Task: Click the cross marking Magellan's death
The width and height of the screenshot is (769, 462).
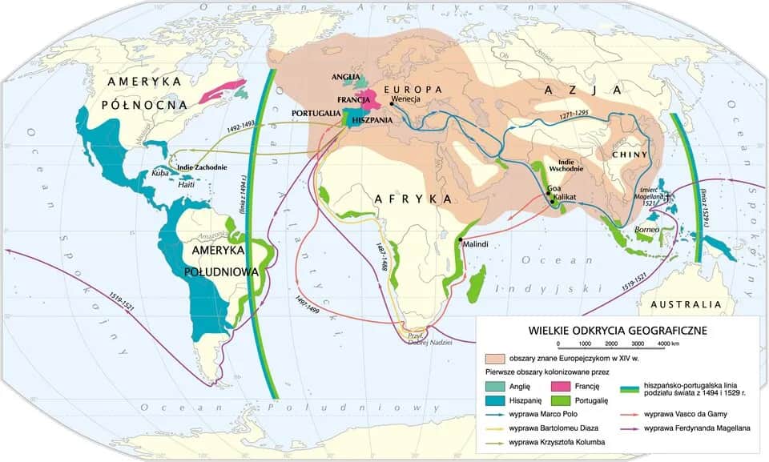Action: click(666, 196)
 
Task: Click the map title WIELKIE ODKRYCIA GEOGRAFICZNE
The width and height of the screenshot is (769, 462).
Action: click(617, 330)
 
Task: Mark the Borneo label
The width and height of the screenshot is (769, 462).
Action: click(646, 229)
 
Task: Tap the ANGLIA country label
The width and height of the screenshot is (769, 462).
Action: click(347, 77)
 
